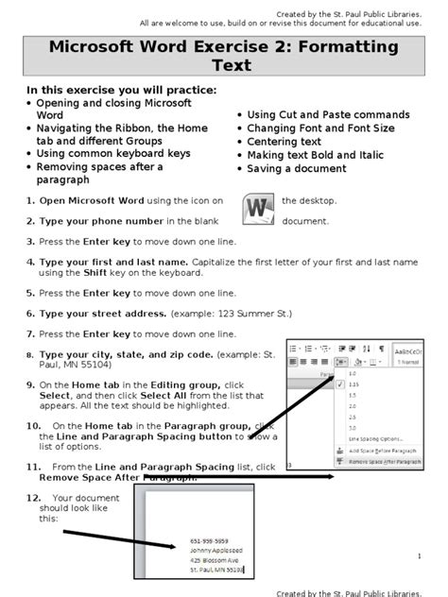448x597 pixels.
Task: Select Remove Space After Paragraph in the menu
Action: coord(385,462)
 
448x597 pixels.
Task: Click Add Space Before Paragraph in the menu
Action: coord(385,451)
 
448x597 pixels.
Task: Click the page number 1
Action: coord(418,557)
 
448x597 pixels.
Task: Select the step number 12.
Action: coord(34,497)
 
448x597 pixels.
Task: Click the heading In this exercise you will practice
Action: coord(120,89)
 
